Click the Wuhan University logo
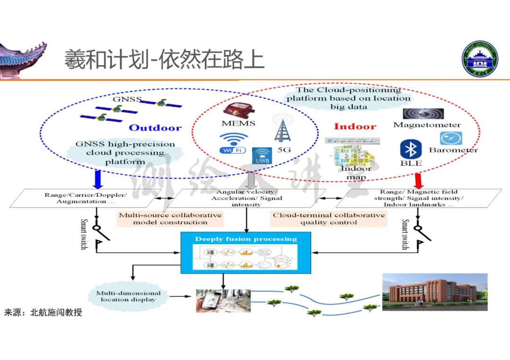480,59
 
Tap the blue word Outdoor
155,128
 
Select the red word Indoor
355,126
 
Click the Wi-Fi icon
233,143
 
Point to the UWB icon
262,156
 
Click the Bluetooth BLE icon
410,150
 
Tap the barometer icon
450,138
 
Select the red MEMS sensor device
238,110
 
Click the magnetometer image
423,114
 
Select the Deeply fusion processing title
246,239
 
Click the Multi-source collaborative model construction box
170,218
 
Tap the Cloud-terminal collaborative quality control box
329,218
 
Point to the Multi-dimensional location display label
128,296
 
